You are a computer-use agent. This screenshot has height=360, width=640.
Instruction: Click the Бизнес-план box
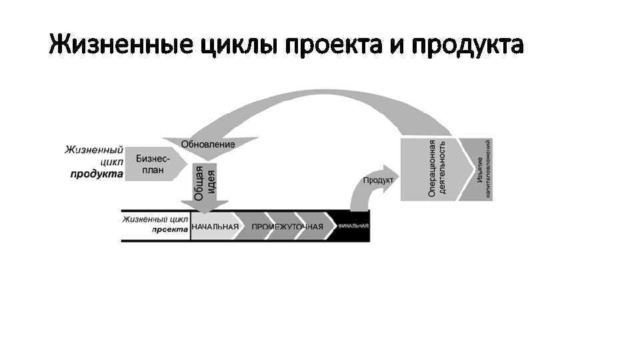pyautogui.click(x=153, y=164)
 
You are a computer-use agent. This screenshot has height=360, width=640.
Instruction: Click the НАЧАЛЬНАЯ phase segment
pyautogui.click(x=215, y=227)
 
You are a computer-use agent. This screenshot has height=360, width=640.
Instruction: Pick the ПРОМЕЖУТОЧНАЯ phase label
pyautogui.click(x=287, y=227)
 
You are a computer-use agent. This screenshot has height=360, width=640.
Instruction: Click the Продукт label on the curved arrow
pyautogui.click(x=378, y=180)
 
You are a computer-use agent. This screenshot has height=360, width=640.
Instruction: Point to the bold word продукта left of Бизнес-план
pyautogui.click(x=97, y=175)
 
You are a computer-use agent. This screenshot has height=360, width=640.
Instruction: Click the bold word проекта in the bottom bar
pyautogui.click(x=169, y=228)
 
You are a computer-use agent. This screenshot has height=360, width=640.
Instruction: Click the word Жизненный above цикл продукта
pyautogui.click(x=94, y=150)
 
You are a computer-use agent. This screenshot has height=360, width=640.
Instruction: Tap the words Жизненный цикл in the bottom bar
pyautogui.click(x=155, y=218)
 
